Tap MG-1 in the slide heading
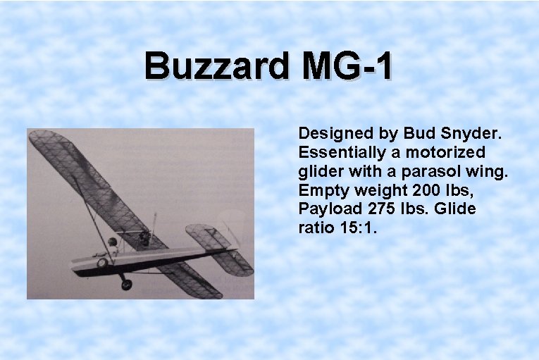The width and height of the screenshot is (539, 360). point(347,68)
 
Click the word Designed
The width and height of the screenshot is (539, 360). point(335,133)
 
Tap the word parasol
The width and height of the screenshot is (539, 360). point(432,171)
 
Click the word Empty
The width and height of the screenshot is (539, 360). point(323,190)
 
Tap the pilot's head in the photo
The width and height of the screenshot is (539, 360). point(112,242)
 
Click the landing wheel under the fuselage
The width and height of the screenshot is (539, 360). point(126,285)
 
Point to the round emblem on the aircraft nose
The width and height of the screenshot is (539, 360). point(101,263)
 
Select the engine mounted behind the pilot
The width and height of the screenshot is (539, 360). point(144,236)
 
